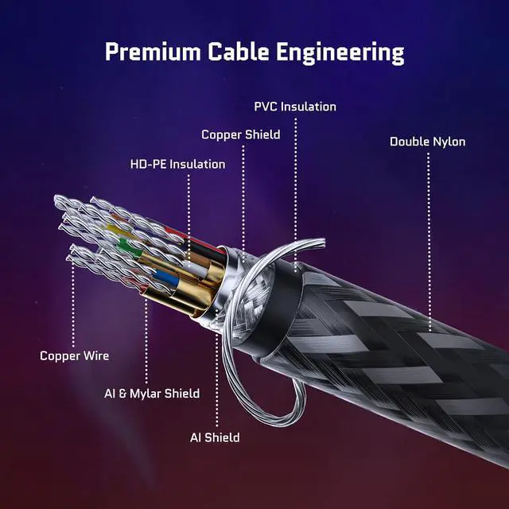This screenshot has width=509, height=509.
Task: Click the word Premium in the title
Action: coord(153,52)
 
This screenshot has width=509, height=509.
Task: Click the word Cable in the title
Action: coord(239,52)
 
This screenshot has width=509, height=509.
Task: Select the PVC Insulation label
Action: coord(295,107)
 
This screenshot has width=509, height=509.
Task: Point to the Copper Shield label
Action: coord(240,134)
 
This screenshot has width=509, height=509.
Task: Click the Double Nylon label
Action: coord(428,142)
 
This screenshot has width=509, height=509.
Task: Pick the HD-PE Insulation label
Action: coord(177,165)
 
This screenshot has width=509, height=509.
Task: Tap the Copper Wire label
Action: coord(74,356)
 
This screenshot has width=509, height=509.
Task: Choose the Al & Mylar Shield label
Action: coord(152,394)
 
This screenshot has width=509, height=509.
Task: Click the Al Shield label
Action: coord(215,437)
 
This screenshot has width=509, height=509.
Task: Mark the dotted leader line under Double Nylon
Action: coord(429,242)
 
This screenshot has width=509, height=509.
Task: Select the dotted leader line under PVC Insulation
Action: coord(295,195)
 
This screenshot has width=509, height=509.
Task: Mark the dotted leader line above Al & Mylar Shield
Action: coord(146,341)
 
